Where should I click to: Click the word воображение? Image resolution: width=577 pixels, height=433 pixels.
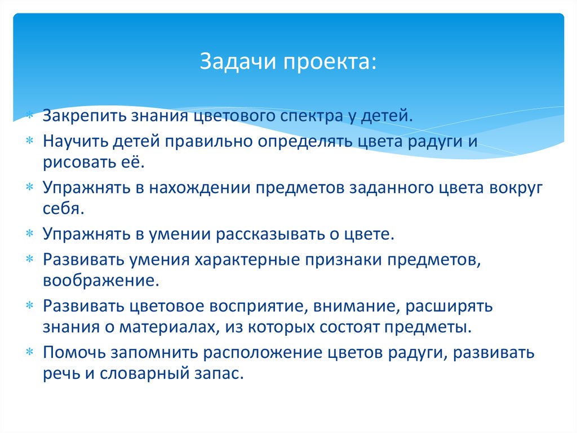click(97, 281)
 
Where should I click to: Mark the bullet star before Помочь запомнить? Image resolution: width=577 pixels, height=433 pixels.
click(30, 352)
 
